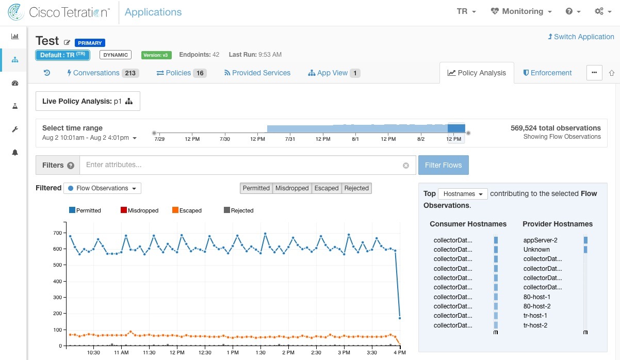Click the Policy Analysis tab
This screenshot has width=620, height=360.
[x=477, y=73]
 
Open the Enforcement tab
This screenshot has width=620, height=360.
[x=547, y=73]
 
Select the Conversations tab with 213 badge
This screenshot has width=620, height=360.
[x=102, y=73]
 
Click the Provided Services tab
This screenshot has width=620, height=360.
[x=257, y=73]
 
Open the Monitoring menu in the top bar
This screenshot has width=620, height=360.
[x=521, y=11]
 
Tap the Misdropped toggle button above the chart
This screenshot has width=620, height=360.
[x=292, y=188]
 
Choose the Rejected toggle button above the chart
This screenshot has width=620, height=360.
[x=357, y=188]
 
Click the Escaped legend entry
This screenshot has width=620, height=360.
[x=187, y=210]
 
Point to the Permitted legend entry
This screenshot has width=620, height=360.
[x=85, y=210]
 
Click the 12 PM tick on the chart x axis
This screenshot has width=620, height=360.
[x=177, y=353]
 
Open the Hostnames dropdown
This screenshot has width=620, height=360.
[x=462, y=194]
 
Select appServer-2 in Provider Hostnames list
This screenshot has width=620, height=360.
[x=540, y=240]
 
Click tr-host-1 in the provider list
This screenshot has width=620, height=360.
[x=535, y=316]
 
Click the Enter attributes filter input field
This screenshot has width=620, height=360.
[x=242, y=165]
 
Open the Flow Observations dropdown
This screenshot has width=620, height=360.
[x=102, y=188]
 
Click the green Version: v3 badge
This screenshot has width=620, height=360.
[x=156, y=55]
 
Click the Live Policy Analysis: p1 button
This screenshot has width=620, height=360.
[x=88, y=101]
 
